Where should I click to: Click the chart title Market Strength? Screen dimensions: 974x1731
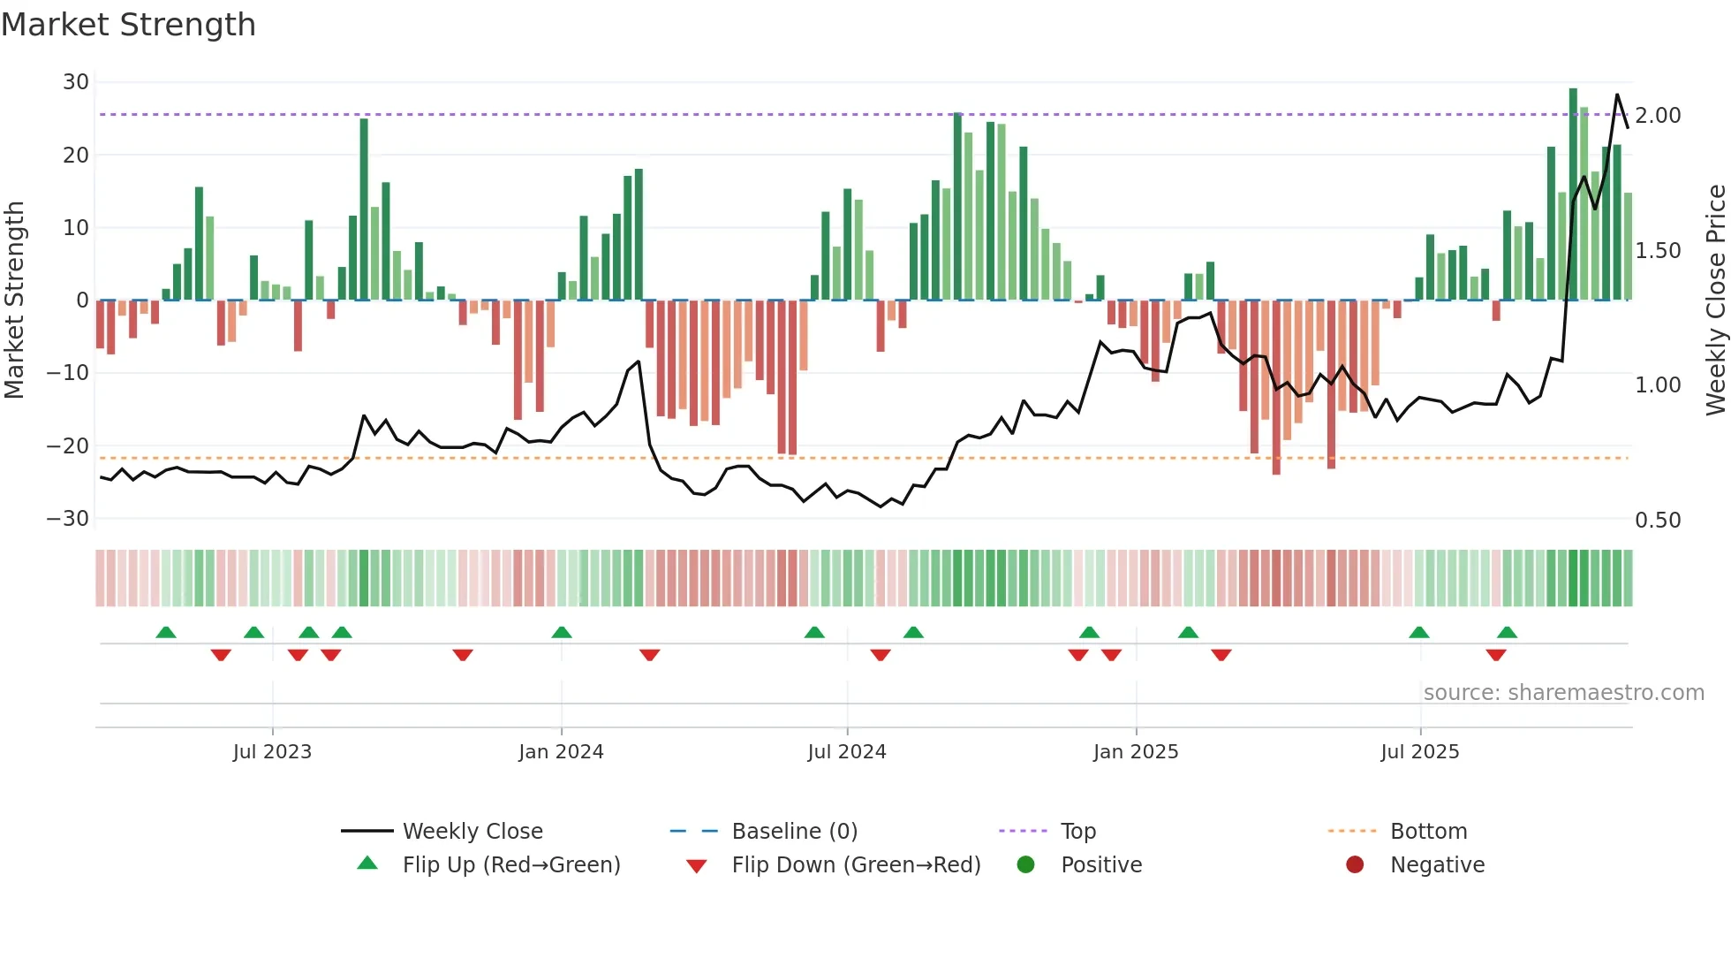tap(128, 25)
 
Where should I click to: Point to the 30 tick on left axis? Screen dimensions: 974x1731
tap(76, 82)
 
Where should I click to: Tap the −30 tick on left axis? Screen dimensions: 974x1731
tap(69, 519)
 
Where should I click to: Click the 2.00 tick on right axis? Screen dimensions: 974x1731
tap(1658, 116)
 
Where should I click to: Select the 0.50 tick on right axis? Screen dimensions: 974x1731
tap(1658, 521)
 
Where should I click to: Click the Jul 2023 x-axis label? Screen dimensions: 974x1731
tap(272, 752)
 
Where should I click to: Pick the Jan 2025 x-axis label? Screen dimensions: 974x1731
tap(1135, 752)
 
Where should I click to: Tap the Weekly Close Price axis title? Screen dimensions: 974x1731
tap(1715, 301)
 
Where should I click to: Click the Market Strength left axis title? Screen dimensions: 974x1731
tap(15, 301)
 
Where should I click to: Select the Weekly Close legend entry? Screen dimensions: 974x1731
tap(472, 832)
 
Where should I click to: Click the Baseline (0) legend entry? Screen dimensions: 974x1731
tap(794, 832)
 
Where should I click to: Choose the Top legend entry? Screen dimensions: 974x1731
tap(1077, 832)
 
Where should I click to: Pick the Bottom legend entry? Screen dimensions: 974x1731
tap(1428, 832)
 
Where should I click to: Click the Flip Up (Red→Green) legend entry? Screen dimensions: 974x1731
tap(511, 865)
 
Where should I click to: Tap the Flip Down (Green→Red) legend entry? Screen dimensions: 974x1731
tap(856, 865)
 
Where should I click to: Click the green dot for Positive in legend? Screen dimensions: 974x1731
tap(1025, 864)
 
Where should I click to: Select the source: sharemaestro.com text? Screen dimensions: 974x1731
tap(1563, 693)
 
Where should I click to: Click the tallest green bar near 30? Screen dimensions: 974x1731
tap(1573, 194)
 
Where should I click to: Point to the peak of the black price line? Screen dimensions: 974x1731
tap(1617, 95)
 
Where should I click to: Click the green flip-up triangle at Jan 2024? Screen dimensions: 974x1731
tap(562, 632)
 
